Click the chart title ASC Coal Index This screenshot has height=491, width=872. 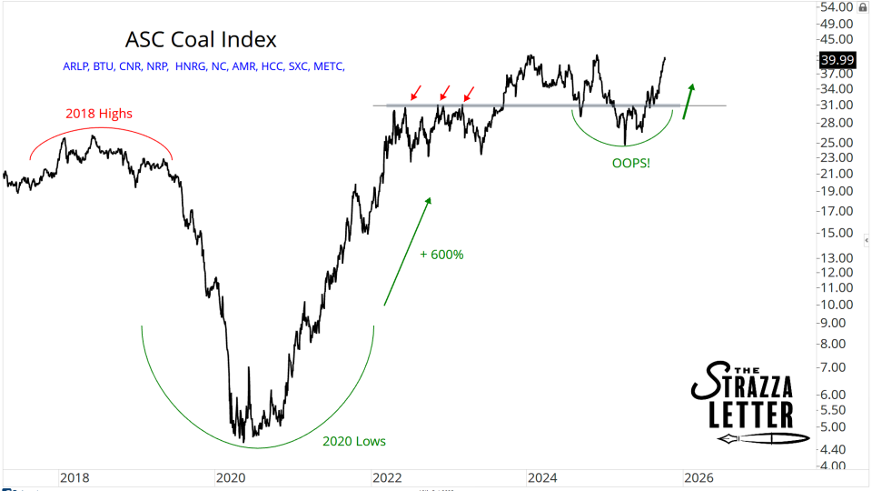pos(200,40)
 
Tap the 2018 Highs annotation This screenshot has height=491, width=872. pos(99,114)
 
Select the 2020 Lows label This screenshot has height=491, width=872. pos(354,441)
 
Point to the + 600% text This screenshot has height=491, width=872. pos(441,255)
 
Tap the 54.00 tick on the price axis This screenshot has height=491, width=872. pos(837,7)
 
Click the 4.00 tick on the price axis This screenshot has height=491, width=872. pos(837,466)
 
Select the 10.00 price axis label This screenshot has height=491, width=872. pos(837,305)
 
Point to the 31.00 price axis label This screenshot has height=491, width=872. pos(837,105)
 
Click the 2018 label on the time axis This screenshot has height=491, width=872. pos(74,477)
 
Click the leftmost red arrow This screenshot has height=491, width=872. pos(416,92)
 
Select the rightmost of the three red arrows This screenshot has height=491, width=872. pos(468,92)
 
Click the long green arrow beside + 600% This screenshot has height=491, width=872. pos(406,250)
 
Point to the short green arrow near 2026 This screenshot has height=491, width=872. pos(689,100)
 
